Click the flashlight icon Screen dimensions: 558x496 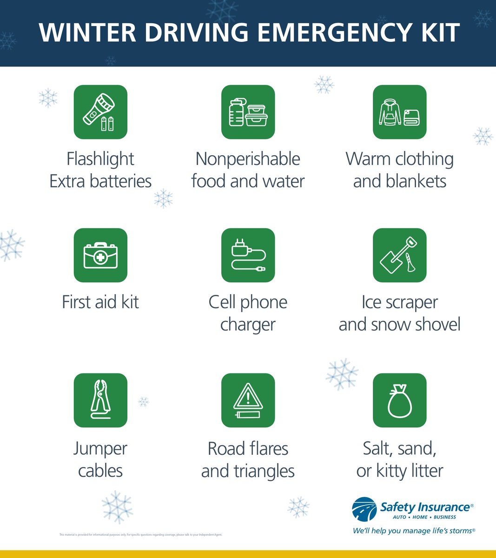pyautogui.click(x=100, y=112)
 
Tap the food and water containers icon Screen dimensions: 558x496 pyautogui.click(x=248, y=112)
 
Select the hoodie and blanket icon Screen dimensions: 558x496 pyautogui.click(x=399, y=112)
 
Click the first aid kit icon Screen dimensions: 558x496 pyautogui.click(x=100, y=255)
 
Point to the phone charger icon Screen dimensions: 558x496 pyautogui.click(x=248, y=255)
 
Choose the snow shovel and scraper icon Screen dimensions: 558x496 pyautogui.click(x=399, y=255)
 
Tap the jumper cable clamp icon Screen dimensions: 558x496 pyautogui.click(x=100, y=400)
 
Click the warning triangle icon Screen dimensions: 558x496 pyautogui.click(x=248, y=400)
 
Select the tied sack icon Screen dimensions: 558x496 pyautogui.click(x=399, y=400)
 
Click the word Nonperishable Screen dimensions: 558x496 pyautogui.click(x=248, y=159)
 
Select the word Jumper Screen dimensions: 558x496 pyautogui.click(x=100, y=449)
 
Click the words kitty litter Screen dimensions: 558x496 pyautogui.click(x=410, y=471)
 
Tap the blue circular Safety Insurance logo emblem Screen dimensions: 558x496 pyautogui.click(x=364, y=510)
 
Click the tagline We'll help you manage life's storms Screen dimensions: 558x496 pyautogui.click(x=414, y=531)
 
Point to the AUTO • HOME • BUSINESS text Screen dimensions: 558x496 pyautogui.click(x=424, y=517)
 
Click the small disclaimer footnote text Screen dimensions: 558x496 pyautogui.click(x=141, y=535)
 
